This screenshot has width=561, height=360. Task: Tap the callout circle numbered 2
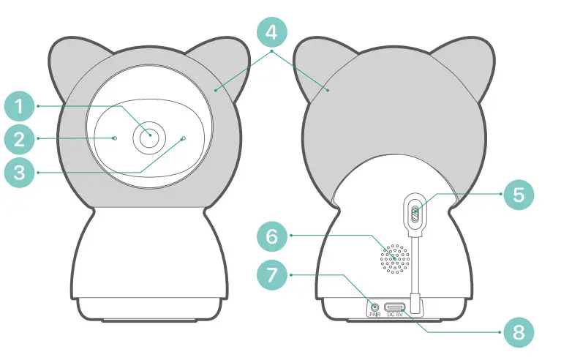[21, 139]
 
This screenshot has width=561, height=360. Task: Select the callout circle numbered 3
[21, 173]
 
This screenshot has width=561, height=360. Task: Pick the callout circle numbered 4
[271, 33]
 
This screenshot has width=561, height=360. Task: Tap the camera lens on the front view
[149, 136]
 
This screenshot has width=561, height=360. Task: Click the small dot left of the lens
[115, 137]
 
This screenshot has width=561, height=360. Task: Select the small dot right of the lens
[183, 138]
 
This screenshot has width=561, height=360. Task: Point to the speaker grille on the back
[394, 258]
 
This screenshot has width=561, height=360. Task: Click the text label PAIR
[375, 315]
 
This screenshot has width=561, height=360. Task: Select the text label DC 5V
[395, 315]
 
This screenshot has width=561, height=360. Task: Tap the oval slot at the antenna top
[415, 214]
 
